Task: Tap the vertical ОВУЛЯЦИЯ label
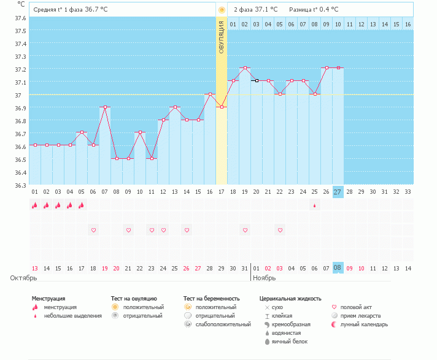(x=222, y=37)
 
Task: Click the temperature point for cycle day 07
(x=105, y=107)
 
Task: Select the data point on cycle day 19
(x=245, y=68)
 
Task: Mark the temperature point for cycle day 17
(x=222, y=107)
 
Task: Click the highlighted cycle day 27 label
(x=338, y=192)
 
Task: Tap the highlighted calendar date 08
(x=338, y=268)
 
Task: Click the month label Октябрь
(x=25, y=278)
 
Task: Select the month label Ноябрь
(x=265, y=278)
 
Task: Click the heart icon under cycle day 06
(x=93, y=230)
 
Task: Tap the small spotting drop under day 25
(x=315, y=206)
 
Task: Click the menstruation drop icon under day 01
(x=35, y=206)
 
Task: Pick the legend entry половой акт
(x=357, y=307)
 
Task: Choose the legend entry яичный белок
(x=285, y=342)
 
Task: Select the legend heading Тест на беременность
(x=209, y=299)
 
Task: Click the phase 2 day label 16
(x=408, y=24)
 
